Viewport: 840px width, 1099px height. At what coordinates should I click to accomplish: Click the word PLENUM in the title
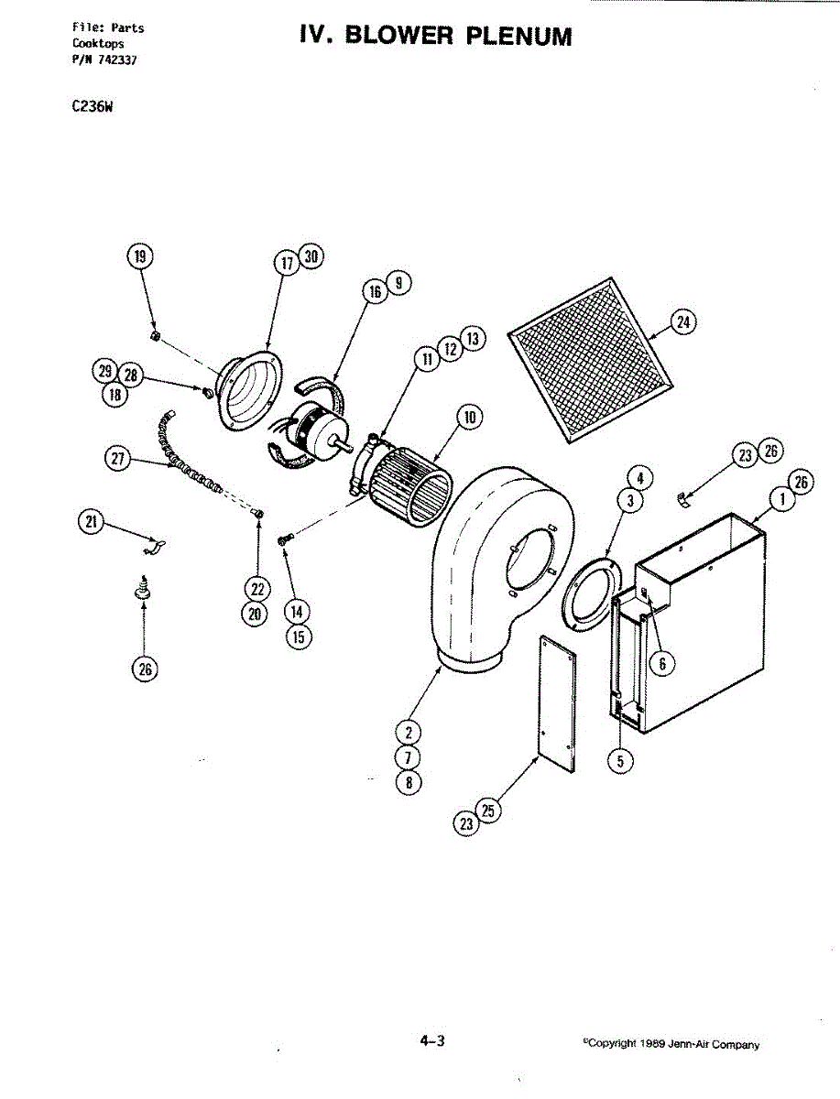point(518,36)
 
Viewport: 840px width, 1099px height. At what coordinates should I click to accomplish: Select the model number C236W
point(93,106)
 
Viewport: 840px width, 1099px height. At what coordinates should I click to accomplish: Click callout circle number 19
point(140,256)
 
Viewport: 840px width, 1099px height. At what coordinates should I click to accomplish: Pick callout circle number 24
point(683,322)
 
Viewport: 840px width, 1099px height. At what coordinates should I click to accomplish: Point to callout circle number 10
point(470,417)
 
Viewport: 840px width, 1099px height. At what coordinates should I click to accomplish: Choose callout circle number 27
point(117,459)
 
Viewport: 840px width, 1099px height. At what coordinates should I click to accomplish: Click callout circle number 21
point(91,522)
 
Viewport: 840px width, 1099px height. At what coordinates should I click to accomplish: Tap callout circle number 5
point(620,762)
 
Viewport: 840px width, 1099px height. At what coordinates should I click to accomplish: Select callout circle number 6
point(662,664)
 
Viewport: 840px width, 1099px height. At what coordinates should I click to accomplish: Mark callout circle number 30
point(311,256)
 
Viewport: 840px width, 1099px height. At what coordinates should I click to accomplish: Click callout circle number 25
point(487,811)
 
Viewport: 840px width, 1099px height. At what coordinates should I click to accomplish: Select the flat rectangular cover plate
point(557,704)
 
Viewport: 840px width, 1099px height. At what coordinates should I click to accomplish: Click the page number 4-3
point(432,1041)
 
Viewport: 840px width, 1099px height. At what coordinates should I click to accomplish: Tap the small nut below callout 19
point(155,335)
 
